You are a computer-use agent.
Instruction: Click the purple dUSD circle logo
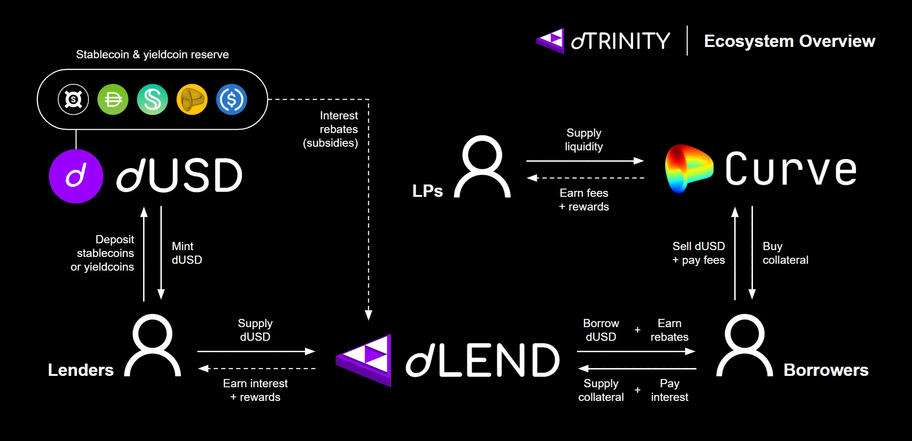point(76,176)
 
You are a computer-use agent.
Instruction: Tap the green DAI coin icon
point(113,99)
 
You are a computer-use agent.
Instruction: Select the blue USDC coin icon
point(232,99)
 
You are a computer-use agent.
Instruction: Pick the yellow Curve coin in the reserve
point(192,99)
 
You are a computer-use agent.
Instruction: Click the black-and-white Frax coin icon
point(73,99)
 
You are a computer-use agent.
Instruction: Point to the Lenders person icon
point(153,346)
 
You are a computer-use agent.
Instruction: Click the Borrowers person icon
point(744,346)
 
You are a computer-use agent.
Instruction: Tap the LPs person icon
point(482,167)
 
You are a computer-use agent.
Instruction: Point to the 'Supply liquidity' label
point(584,140)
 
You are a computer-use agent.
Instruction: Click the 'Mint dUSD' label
point(187,253)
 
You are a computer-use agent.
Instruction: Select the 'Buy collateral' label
point(785,253)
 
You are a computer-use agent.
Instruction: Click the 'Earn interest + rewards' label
point(255,390)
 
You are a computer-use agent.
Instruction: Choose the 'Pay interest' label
point(670,390)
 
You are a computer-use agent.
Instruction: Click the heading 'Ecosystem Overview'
point(789,41)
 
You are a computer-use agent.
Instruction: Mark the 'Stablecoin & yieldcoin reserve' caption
point(152,55)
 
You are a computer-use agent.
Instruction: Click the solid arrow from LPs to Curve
point(584,161)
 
